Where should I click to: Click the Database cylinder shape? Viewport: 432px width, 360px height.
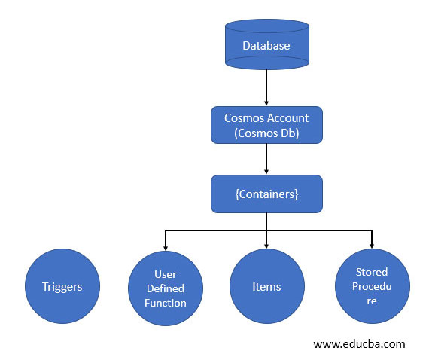click(266, 45)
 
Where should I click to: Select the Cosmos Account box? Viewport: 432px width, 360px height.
click(266, 124)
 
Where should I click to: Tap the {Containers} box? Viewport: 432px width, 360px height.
click(266, 194)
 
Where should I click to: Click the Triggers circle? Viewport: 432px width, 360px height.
click(62, 286)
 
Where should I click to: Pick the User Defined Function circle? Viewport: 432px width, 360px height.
click(165, 288)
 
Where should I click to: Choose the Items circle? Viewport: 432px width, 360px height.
click(266, 286)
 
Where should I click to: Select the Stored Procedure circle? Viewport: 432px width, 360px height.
click(372, 286)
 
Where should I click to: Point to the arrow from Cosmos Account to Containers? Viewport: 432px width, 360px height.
click(266, 159)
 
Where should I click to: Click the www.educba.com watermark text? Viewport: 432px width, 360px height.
click(359, 344)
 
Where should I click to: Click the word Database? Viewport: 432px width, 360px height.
click(266, 46)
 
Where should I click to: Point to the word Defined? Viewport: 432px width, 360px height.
click(165, 288)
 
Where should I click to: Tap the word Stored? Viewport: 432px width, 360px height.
click(372, 272)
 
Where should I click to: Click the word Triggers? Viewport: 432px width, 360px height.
click(62, 286)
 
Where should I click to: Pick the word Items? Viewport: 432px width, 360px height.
click(266, 286)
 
